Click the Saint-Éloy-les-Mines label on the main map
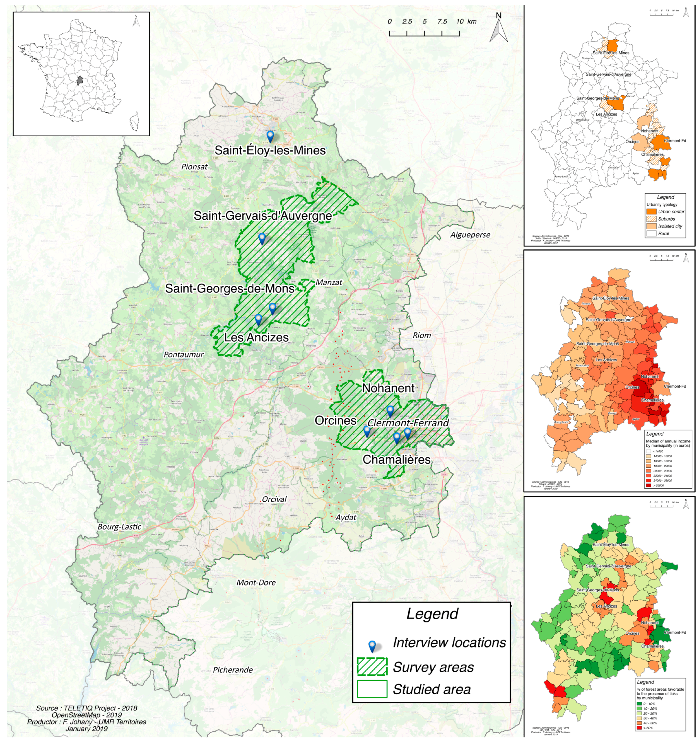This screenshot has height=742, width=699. click(x=270, y=150)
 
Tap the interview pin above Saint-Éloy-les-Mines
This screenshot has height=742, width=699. click(x=270, y=136)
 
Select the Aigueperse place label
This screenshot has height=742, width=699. click(x=470, y=235)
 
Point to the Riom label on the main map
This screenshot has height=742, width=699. click(x=421, y=335)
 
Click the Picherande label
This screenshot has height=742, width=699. click(x=233, y=670)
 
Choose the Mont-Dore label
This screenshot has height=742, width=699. click(x=256, y=583)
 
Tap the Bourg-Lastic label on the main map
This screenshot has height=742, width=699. click(x=119, y=527)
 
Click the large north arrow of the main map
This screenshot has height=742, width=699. click(x=498, y=28)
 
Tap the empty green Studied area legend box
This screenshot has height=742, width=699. click(x=372, y=689)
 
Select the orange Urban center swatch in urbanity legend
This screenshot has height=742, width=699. click(x=651, y=212)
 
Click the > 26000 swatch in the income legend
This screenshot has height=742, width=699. click(x=648, y=485)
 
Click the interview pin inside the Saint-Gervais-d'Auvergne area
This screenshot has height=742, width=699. click(x=262, y=238)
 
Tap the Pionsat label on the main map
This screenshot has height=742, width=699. click(x=194, y=167)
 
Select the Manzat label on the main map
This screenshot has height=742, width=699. click(x=329, y=282)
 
